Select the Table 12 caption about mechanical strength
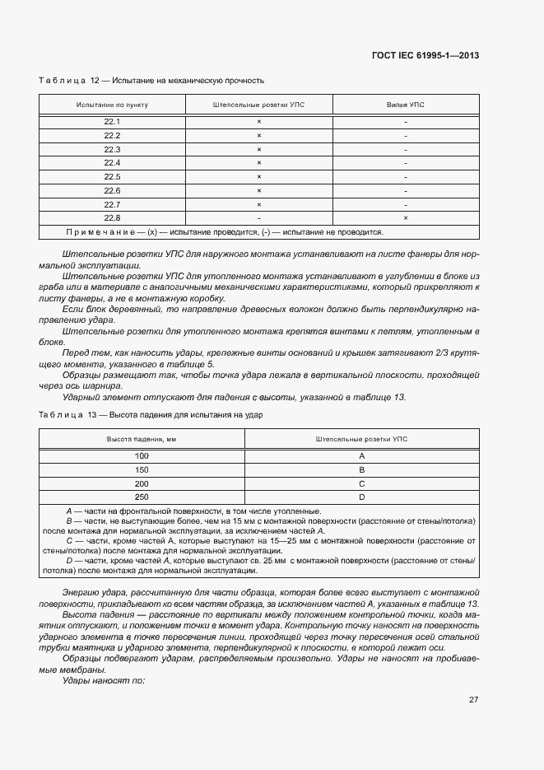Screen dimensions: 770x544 (x=151, y=81)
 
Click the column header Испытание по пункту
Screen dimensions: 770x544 (x=113, y=105)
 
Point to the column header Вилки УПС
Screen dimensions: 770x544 (x=406, y=105)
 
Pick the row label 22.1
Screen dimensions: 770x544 (x=113, y=121)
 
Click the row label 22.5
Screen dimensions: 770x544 (x=113, y=177)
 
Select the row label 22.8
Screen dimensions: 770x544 (x=113, y=218)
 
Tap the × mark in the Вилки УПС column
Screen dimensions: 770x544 (x=406, y=218)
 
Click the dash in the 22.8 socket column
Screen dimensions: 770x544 (x=259, y=218)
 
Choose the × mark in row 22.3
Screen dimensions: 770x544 (x=259, y=149)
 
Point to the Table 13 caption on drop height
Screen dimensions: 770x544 (x=151, y=415)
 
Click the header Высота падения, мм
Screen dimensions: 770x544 (x=142, y=440)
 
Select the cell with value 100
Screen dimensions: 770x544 (x=142, y=455)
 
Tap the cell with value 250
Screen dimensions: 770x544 (x=142, y=497)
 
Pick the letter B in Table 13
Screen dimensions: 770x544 (x=361, y=469)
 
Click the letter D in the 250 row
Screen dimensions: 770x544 (x=361, y=497)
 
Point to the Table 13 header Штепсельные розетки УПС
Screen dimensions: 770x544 (x=361, y=440)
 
